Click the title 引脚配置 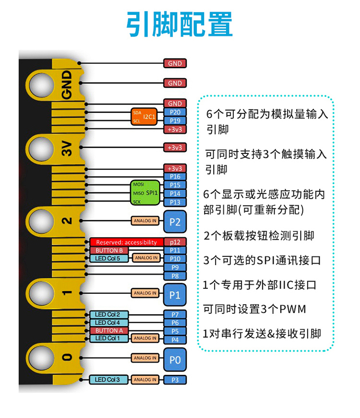(x=180, y=24)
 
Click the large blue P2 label (x=175, y=222)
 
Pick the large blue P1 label (x=175, y=294)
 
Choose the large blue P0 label (x=175, y=359)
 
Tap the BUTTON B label (x=109, y=250)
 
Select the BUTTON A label (x=109, y=331)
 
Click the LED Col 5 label (x=109, y=258)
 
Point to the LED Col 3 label (x=109, y=380)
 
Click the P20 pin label (x=175, y=112)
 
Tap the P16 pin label (x=175, y=177)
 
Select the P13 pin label (x=175, y=203)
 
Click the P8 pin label (x=175, y=276)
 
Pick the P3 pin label (x=175, y=380)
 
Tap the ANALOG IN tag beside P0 (x=144, y=358)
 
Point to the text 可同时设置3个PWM (x=254, y=309)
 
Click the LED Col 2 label (x=109, y=314)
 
